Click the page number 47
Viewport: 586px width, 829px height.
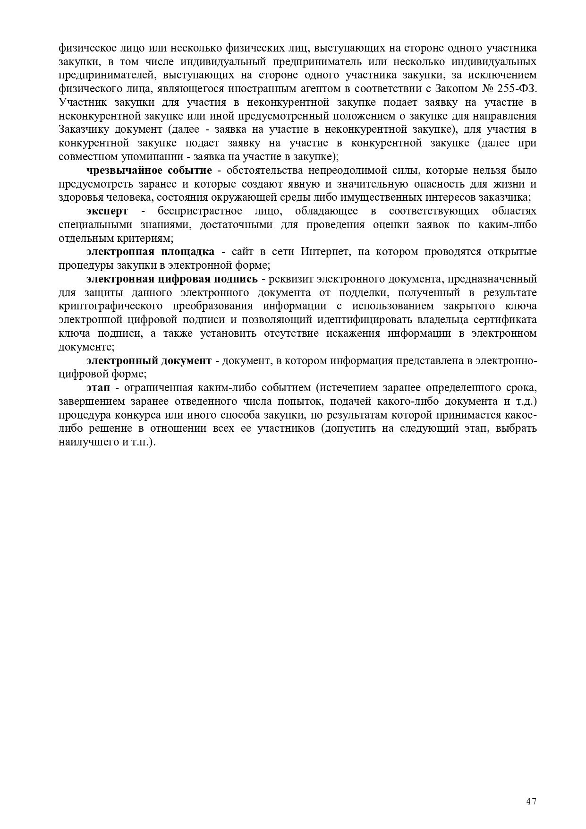531,802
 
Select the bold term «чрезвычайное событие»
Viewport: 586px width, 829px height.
149,171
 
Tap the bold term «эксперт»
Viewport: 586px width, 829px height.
107,211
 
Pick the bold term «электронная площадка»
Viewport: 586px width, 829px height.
150,252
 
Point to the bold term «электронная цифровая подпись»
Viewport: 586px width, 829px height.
172,279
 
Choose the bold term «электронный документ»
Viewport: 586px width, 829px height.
149,361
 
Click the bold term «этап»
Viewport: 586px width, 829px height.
98,388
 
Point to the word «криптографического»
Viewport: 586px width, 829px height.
110,307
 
